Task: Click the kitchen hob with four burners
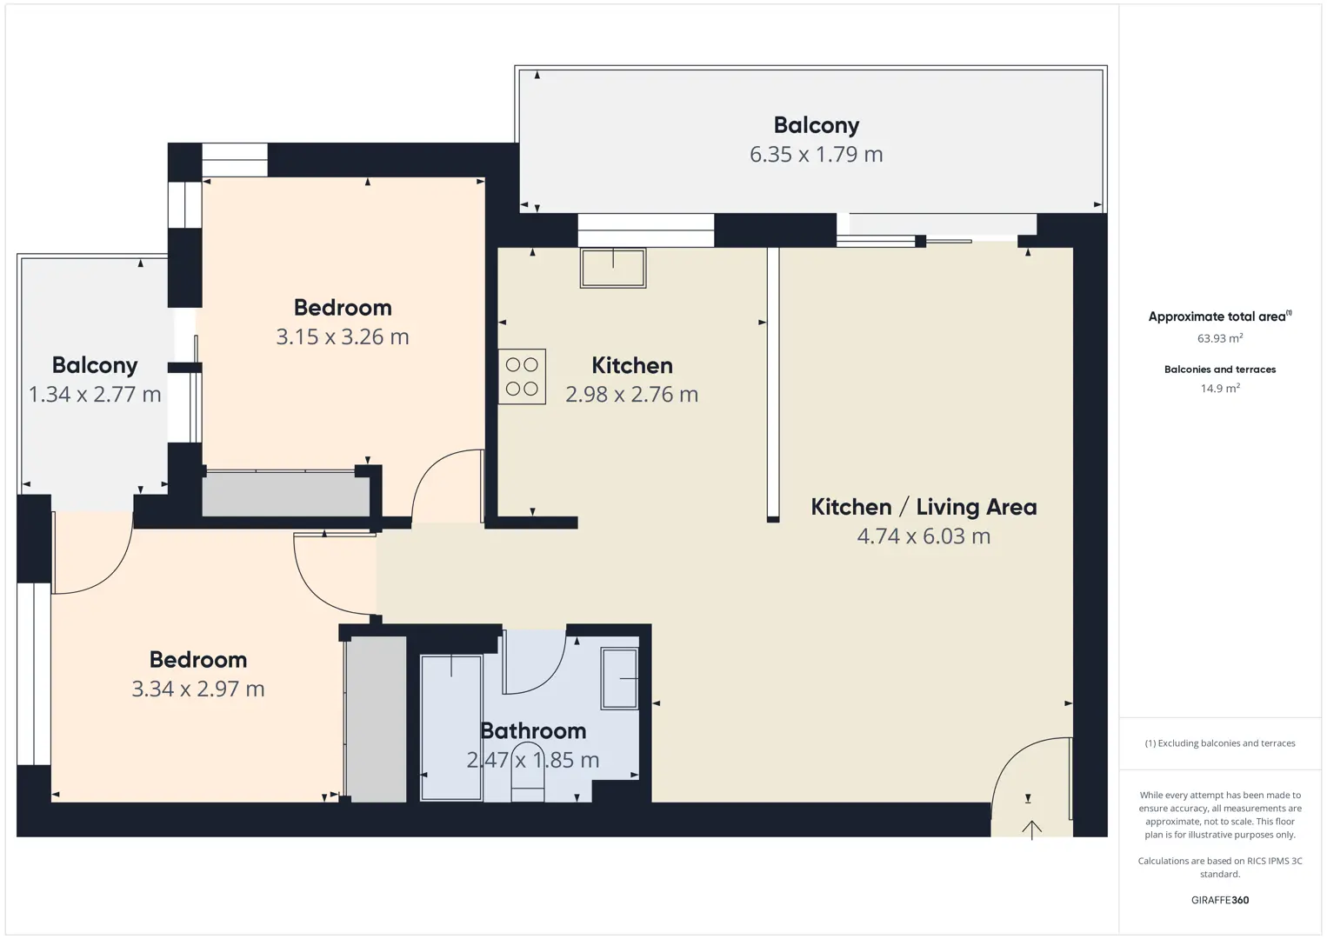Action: pos(522,376)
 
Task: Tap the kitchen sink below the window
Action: pos(613,269)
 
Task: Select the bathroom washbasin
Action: pos(620,678)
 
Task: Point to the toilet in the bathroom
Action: pos(527,773)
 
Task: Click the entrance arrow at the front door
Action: pos(1031,829)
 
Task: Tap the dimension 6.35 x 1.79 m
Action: pos(817,155)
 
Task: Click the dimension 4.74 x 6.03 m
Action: pos(924,536)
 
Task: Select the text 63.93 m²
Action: pos(1220,338)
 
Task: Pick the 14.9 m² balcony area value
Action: pos(1220,388)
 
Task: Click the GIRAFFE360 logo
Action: pos(1220,900)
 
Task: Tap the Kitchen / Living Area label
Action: pos(924,507)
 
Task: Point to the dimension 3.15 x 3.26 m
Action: pos(343,337)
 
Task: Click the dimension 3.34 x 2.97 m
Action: pos(198,689)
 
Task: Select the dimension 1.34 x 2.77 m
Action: pos(95,395)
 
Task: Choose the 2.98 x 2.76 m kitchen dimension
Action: pos(631,395)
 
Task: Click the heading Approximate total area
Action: pos(1220,316)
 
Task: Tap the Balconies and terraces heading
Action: pos(1220,370)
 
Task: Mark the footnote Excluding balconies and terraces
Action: pos(1220,743)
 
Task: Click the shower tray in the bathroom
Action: pos(450,728)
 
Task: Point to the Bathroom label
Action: pos(533,731)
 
